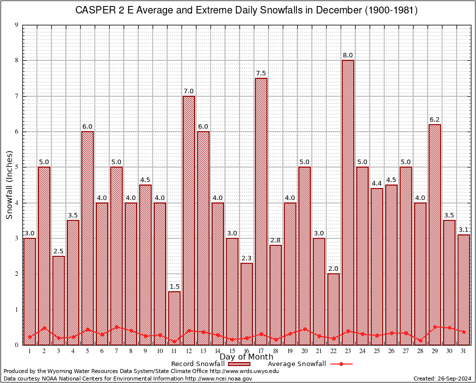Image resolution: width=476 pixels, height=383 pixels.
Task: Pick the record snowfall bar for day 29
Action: pyautogui.click(x=435, y=234)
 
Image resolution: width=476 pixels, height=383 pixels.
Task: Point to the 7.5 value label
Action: pyautogui.click(x=261, y=73)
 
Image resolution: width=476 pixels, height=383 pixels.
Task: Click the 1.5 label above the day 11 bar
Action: pyautogui.click(x=174, y=287)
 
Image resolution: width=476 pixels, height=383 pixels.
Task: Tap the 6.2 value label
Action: pyautogui.click(x=435, y=120)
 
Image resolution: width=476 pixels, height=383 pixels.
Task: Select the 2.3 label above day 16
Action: pyautogui.click(x=246, y=258)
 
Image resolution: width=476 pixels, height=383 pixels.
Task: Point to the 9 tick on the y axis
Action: pyautogui.click(x=16, y=25)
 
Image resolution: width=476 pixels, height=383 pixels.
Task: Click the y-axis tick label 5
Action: pyautogui.click(x=16, y=168)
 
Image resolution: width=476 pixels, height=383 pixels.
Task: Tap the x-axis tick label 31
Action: pyautogui.click(x=464, y=351)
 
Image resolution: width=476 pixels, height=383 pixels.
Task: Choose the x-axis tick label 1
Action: pyautogui.click(x=29, y=351)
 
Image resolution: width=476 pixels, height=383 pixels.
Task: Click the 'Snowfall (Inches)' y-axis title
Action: pyautogui.click(x=9, y=185)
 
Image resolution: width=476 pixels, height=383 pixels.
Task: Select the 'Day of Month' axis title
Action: pyautogui.click(x=246, y=357)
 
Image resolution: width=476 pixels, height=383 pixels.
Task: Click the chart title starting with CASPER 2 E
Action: pyautogui.click(x=246, y=10)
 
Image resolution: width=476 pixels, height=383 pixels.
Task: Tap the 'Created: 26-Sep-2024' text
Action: pyautogui.click(x=442, y=379)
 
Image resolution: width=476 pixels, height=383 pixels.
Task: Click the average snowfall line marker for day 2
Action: pyautogui.click(x=44, y=328)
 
